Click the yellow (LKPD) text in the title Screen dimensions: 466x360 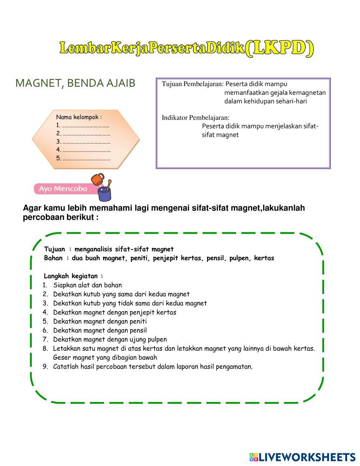coord(280,49)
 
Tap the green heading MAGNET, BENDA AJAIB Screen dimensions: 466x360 coord(75,83)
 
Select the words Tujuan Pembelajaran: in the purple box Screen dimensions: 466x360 coord(193,84)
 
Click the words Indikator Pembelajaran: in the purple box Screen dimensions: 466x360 coord(195,118)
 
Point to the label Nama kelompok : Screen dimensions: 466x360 coord(79,117)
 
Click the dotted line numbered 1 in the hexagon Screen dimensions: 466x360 coord(85,126)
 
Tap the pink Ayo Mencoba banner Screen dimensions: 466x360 coord(63,189)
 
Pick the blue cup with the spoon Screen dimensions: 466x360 coord(105,193)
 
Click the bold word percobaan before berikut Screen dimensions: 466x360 coord(42,218)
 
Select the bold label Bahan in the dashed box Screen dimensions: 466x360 coord(53,258)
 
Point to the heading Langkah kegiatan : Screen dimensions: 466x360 coord(73,276)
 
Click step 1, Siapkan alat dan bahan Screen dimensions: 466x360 coord(87,285)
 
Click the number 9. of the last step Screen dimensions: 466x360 coord(45,367)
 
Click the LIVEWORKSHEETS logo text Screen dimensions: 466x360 coord(307,457)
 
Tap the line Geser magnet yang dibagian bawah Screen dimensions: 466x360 coord(105,358)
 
